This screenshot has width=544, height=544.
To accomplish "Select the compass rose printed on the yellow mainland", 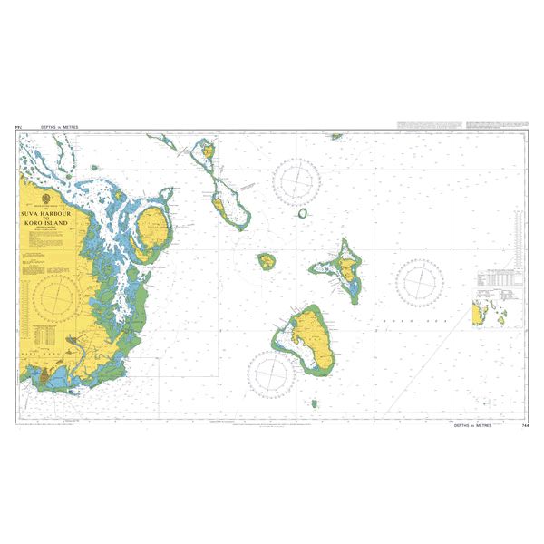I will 57,296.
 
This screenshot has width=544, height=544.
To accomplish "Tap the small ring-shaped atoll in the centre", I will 302,214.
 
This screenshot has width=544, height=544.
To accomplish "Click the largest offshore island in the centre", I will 309,339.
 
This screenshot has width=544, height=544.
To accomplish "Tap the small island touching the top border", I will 336,137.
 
